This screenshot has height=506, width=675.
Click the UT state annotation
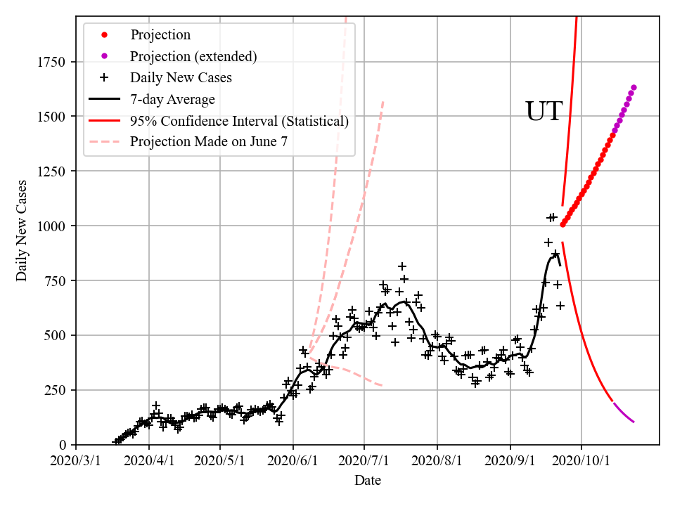544,112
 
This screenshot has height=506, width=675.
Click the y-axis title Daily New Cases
22,231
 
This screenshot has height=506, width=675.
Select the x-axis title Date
368,481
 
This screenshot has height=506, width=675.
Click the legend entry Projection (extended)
193,56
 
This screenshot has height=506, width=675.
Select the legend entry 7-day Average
172,100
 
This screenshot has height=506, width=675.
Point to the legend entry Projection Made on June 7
209,143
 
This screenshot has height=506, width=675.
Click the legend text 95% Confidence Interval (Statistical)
239,122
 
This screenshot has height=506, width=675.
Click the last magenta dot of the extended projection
634,87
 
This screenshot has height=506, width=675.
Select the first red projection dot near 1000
562,225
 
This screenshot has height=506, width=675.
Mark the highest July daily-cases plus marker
402,266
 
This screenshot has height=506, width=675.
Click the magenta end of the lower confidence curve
634,422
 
